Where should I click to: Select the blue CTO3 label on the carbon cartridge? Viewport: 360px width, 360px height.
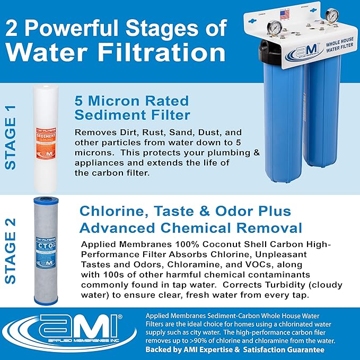point(49,248)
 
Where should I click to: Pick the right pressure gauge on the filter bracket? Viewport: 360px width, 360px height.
point(332,15)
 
